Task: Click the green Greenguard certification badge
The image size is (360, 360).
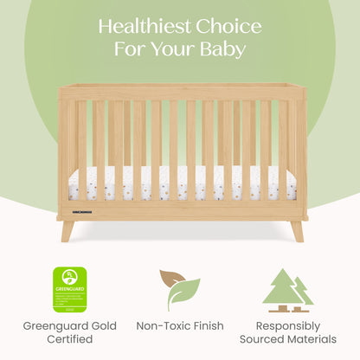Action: tap(69, 288)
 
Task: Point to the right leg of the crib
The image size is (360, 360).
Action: tap(297, 229)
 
